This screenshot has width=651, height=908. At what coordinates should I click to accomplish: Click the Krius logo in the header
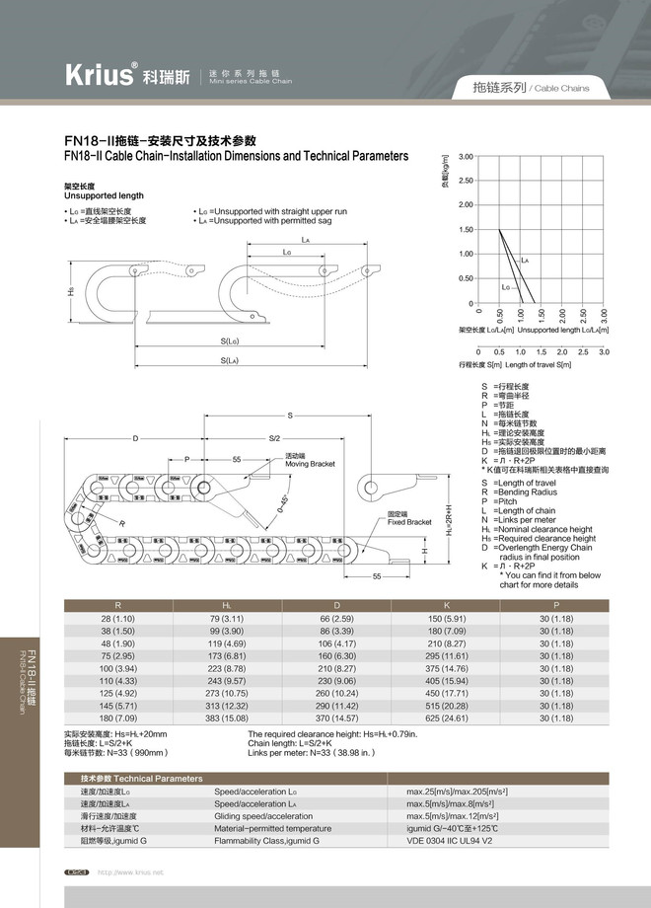point(99,76)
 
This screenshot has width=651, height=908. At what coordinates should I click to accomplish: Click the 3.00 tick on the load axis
point(466,157)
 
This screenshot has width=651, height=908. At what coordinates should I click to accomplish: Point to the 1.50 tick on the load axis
point(466,230)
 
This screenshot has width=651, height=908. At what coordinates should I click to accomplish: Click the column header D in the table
point(336,605)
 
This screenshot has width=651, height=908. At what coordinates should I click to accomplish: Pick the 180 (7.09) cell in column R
point(118,719)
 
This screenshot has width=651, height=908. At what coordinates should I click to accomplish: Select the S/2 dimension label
point(274,438)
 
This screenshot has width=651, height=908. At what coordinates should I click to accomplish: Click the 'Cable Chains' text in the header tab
point(562,88)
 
